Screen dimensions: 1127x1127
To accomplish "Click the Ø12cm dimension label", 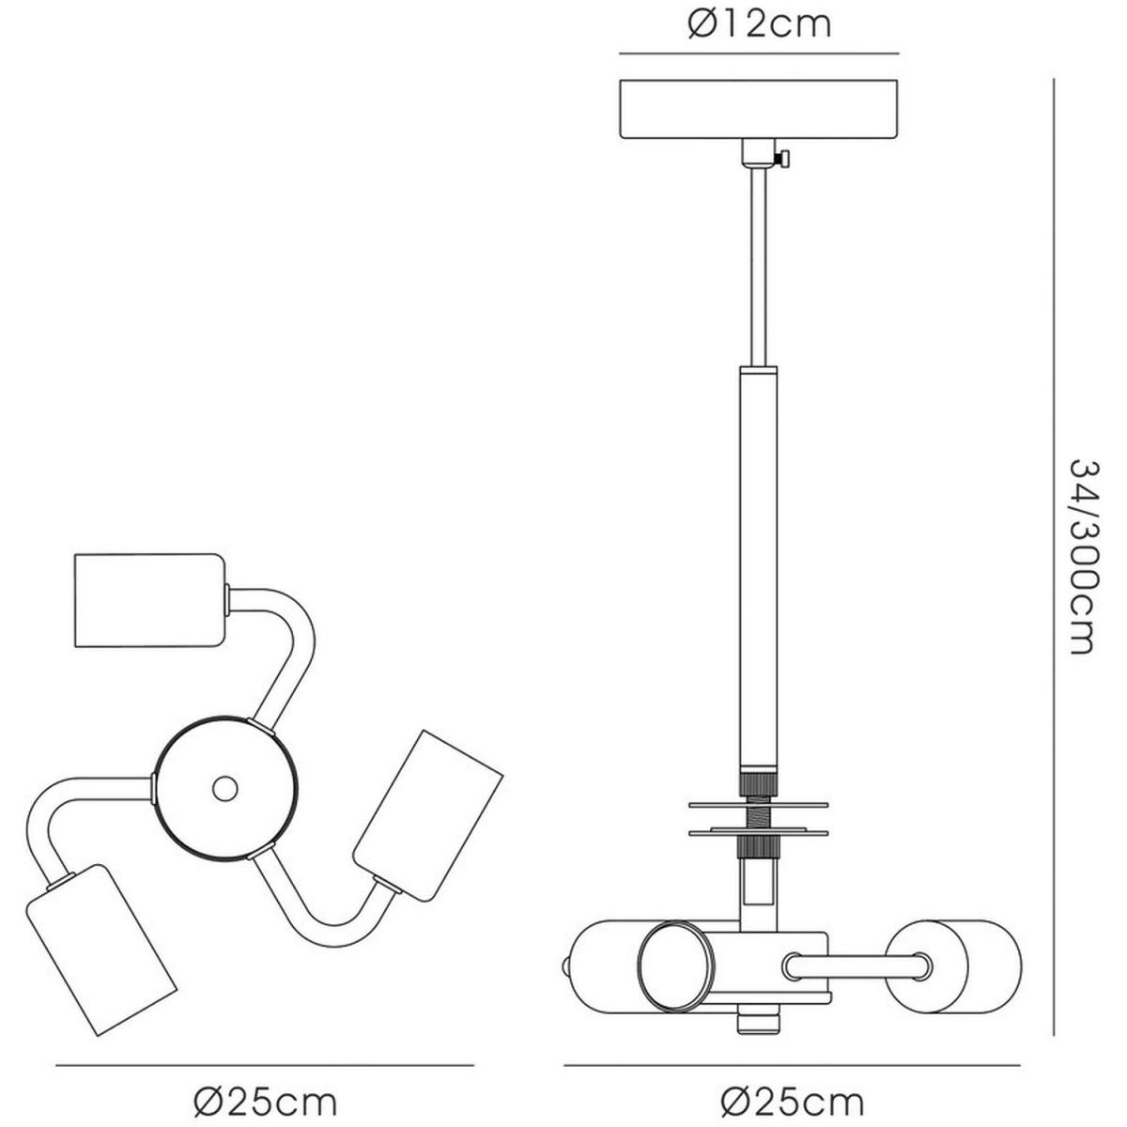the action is [x=759, y=25].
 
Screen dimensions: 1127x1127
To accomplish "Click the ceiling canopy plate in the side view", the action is [x=758, y=109].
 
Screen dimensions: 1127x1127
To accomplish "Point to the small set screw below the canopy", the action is [x=783, y=158].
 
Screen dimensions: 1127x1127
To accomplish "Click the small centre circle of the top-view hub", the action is [x=225, y=790].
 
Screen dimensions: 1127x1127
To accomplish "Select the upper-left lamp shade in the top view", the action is [x=149, y=601].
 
